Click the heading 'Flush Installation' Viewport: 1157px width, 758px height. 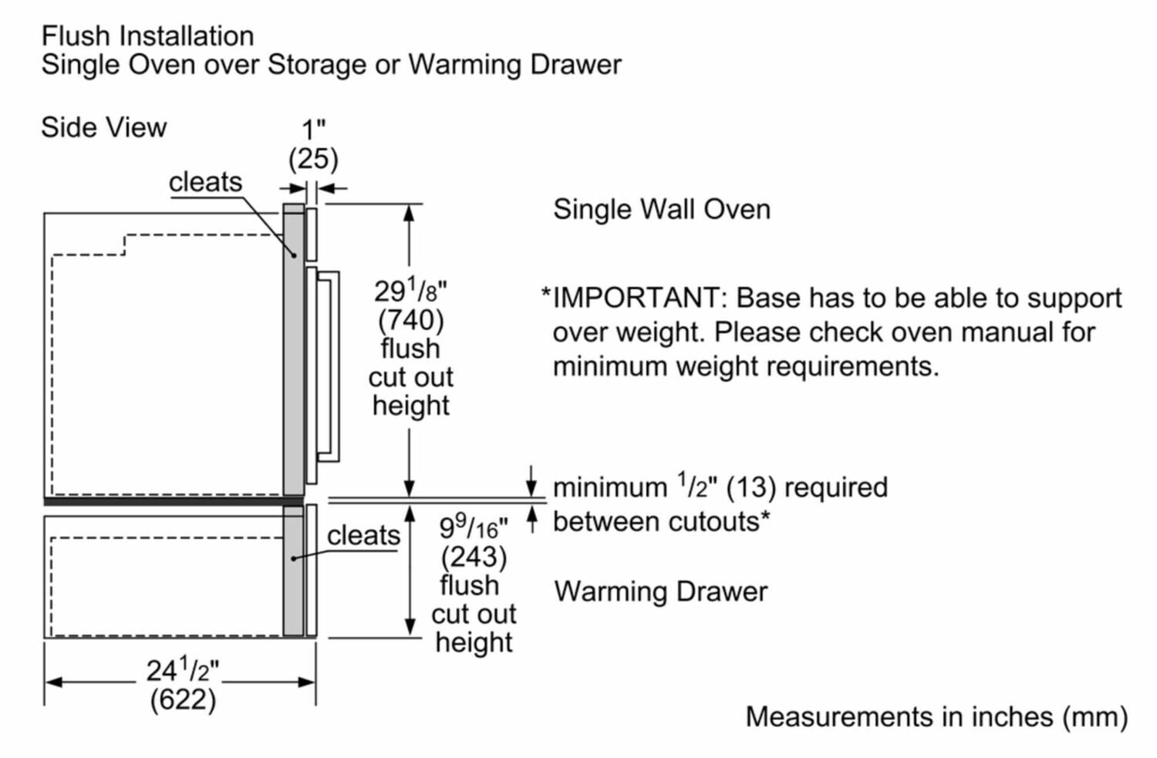click(147, 35)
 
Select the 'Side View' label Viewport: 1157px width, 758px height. click(103, 127)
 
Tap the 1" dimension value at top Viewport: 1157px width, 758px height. click(313, 130)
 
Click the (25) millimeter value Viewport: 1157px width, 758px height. click(313, 159)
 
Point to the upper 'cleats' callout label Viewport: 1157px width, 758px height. click(205, 182)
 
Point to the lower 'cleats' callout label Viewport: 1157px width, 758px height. click(363, 535)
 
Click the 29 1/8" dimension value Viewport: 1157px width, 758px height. click(410, 291)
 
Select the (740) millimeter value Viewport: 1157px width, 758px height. click(410, 319)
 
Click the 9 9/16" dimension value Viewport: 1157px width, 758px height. click(474, 527)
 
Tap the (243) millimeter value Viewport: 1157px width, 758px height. click(474, 557)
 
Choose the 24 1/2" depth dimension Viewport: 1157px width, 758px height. click(183, 670)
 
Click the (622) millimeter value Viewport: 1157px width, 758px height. click(183, 699)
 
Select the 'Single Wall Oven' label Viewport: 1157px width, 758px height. click(662, 209)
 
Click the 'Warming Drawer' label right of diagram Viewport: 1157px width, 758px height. click(661, 591)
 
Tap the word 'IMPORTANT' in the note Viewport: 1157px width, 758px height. click(636, 298)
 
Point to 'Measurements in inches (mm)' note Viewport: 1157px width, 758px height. click(936, 716)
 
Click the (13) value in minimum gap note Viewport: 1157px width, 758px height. click(751, 487)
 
